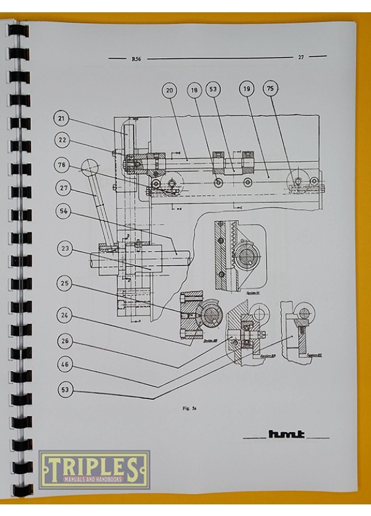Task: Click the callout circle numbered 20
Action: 169,91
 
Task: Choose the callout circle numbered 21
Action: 62,119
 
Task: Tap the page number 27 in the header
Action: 300,57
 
